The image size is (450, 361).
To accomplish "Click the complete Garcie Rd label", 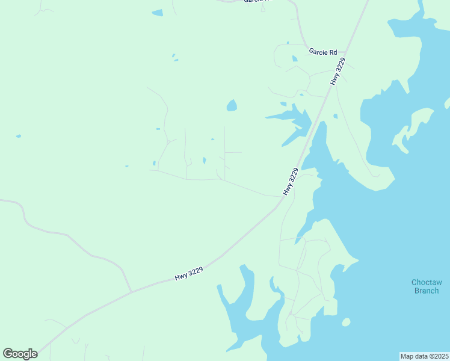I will point(322,52).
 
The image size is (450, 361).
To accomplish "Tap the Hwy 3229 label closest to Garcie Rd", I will point(338,72).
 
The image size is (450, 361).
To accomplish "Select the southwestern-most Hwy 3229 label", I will point(188,273).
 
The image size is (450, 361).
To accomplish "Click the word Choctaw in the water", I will point(427,282).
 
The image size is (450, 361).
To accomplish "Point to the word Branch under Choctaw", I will point(427,291).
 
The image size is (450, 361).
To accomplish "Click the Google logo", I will point(20,354).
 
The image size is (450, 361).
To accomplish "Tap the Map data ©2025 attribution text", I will point(424,356).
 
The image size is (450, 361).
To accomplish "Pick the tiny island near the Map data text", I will point(346,322).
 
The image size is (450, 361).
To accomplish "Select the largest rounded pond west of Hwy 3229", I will point(232,106).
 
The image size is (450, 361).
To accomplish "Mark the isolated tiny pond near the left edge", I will point(18,136).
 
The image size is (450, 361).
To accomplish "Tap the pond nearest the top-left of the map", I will point(157,13).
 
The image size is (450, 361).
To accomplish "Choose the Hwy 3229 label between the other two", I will point(291,181).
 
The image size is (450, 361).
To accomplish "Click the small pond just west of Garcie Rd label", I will point(294,59).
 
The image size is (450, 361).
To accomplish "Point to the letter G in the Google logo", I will point(8,354).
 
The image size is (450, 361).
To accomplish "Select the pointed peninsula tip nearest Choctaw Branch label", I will point(359,261).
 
